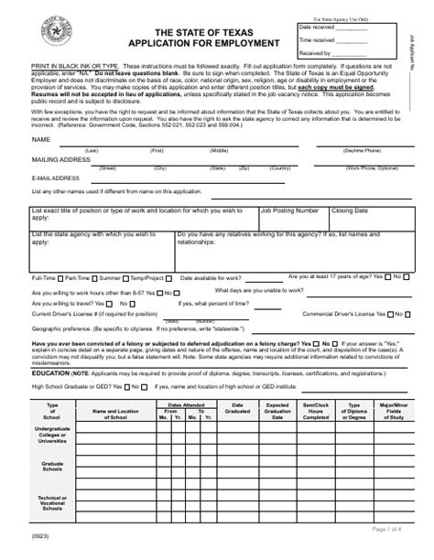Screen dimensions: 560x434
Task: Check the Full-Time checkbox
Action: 60,276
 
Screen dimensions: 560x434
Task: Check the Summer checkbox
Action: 125,276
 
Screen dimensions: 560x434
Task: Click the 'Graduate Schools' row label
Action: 52,467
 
